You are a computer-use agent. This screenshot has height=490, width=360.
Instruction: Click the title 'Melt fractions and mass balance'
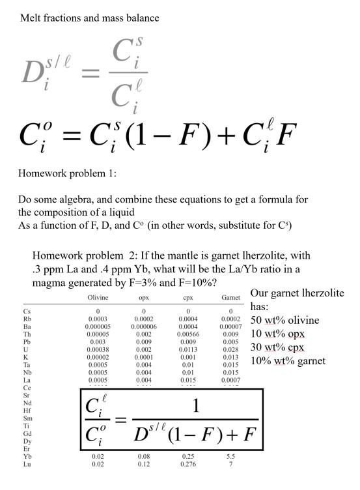90,18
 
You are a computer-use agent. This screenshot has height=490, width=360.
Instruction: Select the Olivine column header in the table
98,298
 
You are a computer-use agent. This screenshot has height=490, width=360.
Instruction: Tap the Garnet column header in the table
230,298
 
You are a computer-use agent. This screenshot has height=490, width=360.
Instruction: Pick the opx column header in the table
143,298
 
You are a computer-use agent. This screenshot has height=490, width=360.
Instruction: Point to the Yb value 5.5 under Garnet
230,457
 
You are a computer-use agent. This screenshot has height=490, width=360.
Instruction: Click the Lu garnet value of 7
230,465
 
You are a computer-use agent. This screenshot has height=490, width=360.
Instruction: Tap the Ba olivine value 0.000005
98,326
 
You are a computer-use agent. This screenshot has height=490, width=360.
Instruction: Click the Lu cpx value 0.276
189,465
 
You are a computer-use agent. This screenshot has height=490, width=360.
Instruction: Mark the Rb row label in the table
27,319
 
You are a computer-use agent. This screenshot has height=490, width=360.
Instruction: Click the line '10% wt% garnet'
288,361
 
